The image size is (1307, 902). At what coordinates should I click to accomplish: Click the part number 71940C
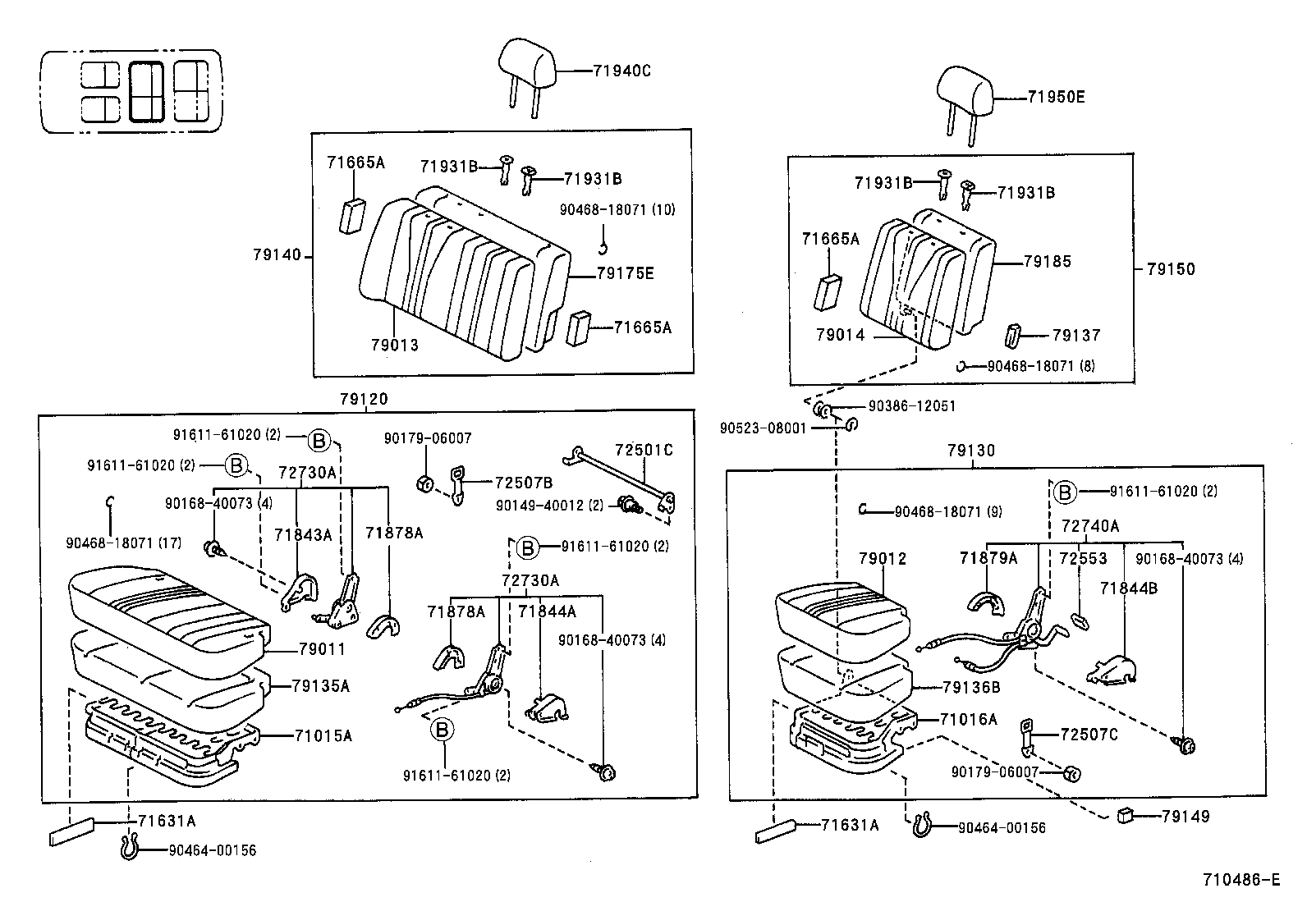click(x=621, y=71)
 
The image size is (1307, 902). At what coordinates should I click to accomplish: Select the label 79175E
click(x=625, y=273)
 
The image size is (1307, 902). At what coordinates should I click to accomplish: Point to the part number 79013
click(x=394, y=345)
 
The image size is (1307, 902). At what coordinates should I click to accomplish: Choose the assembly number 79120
click(x=364, y=400)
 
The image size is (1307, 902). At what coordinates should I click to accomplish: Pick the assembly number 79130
click(x=970, y=451)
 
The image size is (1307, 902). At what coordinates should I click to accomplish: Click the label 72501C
click(x=644, y=450)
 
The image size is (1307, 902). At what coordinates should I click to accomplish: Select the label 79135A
click(x=321, y=686)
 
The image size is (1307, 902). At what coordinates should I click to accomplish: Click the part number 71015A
click(x=323, y=735)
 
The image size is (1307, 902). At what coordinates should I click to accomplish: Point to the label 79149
click(x=1185, y=816)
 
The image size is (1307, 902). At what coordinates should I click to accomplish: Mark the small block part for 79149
click(x=1126, y=815)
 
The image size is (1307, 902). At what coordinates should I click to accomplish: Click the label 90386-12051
click(x=912, y=406)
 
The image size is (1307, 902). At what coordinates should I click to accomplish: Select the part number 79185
click(x=1048, y=262)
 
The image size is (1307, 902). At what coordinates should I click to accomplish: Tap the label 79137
click(x=1076, y=335)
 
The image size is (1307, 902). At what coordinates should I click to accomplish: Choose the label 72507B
click(x=523, y=483)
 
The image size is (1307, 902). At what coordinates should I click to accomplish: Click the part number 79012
click(x=883, y=559)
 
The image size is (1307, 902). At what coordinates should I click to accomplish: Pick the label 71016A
click(x=969, y=720)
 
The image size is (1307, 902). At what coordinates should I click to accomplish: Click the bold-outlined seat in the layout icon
click(x=149, y=92)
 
